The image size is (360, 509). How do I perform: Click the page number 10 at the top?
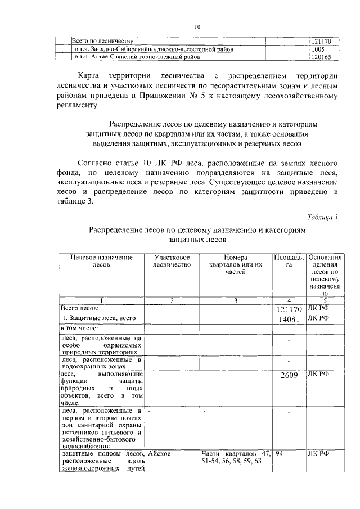click(x=197, y=26)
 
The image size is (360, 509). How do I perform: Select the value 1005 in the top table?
click(x=319, y=49)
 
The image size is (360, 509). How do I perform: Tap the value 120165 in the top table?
click(x=322, y=57)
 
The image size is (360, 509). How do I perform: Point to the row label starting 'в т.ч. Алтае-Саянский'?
click(x=137, y=57)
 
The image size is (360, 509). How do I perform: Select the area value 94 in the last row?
click(x=282, y=453)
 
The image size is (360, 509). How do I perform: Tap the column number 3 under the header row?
click(x=236, y=301)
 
